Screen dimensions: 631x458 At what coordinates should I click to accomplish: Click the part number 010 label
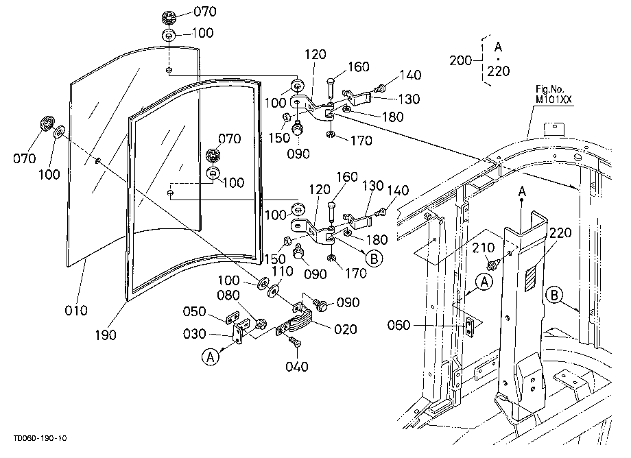tap(76, 311)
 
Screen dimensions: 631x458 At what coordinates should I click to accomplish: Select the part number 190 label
tap(106, 335)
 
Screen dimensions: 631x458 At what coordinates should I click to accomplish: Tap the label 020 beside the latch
tap(346, 329)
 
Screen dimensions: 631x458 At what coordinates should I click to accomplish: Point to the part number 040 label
tap(296, 366)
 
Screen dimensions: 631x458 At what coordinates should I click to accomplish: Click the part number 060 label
tap(398, 325)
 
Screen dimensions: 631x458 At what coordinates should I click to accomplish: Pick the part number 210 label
tap(484, 248)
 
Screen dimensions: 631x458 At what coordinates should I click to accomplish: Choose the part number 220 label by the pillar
tap(560, 232)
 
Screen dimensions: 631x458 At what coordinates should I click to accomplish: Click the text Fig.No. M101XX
tap(553, 95)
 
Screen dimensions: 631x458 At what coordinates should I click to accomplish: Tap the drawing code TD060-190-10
tap(40, 438)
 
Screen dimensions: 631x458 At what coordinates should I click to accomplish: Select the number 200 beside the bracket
tap(461, 60)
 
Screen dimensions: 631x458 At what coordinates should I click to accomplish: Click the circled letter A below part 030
tap(211, 357)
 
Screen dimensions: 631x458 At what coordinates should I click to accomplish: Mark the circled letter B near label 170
tap(374, 258)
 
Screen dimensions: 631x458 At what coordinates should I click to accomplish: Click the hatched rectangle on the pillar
tap(531, 278)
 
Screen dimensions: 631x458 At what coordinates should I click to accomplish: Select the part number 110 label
tap(282, 271)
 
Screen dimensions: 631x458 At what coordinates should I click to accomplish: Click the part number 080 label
tap(228, 296)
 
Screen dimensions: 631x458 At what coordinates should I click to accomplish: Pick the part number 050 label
tap(194, 312)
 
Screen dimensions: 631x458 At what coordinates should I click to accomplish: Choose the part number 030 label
tap(194, 334)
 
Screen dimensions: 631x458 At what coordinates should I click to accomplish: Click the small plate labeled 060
tap(469, 326)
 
